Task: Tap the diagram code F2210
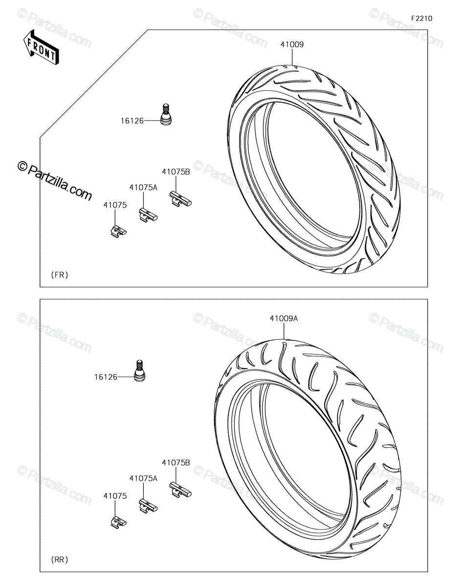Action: (x=422, y=19)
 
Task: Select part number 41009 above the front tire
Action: (x=292, y=44)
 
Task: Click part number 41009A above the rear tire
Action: (x=284, y=318)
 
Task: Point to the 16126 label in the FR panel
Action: (x=132, y=121)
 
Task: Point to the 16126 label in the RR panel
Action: (x=106, y=377)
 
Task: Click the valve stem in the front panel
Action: (x=166, y=114)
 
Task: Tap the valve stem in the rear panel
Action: (x=139, y=371)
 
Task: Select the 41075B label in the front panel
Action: (x=176, y=172)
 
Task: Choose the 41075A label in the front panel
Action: (x=143, y=188)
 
